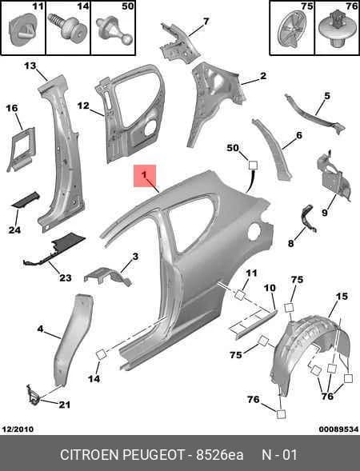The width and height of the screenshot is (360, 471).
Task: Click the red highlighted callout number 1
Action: click(x=145, y=174)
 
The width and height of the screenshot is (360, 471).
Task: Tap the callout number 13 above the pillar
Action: click(x=30, y=66)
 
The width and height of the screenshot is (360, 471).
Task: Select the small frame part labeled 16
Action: click(x=22, y=150)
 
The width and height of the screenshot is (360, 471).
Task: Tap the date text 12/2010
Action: click(x=18, y=429)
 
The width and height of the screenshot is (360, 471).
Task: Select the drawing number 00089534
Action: click(x=338, y=429)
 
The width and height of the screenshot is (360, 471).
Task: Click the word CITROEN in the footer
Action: click(x=89, y=454)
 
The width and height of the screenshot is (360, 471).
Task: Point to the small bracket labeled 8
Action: click(x=308, y=218)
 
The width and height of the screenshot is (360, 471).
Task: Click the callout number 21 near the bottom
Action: click(x=64, y=405)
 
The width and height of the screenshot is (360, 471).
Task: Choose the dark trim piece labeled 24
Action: click(x=26, y=199)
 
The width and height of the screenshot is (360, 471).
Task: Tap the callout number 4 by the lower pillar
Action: click(x=40, y=329)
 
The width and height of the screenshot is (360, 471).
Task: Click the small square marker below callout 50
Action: click(x=253, y=165)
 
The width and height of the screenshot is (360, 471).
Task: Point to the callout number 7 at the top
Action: click(x=206, y=22)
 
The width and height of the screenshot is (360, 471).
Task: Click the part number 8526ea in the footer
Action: click(x=220, y=454)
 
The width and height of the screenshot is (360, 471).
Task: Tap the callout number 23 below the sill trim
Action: click(x=66, y=277)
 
